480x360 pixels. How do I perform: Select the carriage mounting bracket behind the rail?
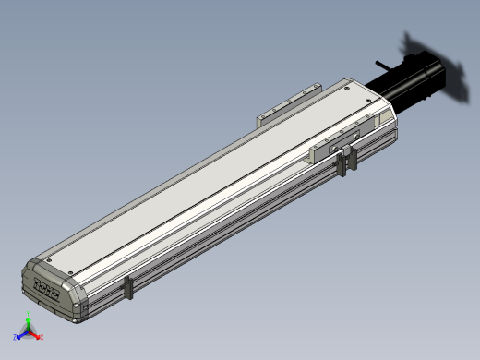[287, 106]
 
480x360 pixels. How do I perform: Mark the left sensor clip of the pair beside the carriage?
[342, 163]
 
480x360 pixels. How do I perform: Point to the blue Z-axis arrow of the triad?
[21, 336]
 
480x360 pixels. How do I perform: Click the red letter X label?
[42, 338]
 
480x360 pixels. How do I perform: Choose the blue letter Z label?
[16, 338]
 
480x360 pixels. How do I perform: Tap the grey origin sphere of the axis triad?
[29, 332]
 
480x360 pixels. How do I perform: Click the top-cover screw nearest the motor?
[345, 90]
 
